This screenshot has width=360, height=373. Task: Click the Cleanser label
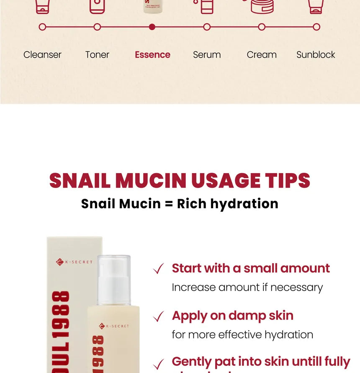[x=42, y=55]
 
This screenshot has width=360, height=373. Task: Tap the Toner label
[x=97, y=55]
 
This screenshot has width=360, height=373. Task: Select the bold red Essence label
[x=152, y=55]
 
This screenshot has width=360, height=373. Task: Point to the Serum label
[x=207, y=55]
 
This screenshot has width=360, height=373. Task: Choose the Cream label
[x=262, y=55]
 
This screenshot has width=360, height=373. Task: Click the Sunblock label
[x=316, y=55]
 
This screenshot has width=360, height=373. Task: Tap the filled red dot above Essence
[x=152, y=27]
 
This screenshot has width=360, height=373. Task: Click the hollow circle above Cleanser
[x=42, y=27]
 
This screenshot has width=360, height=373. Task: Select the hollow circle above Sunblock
[x=316, y=27]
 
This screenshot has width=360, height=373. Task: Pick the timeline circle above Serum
[x=207, y=27]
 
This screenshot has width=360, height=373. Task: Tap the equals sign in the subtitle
[x=169, y=204]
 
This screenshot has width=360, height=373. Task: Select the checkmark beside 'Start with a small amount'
[x=158, y=269]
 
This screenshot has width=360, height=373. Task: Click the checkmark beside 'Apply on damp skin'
[x=158, y=317]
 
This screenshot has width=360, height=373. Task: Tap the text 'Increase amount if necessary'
[x=247, y=288]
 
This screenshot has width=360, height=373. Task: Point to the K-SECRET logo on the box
[x=75, y=262]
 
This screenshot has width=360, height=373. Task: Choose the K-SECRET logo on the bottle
[x=114, y=326]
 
